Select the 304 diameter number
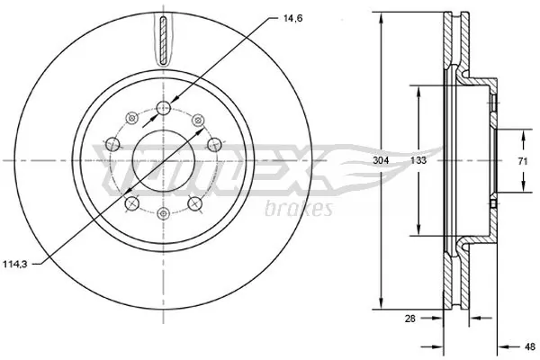(x=382, y=160)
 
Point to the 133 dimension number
(x=418, y=160)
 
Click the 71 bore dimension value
(x=523, y=160)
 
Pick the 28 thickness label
(x=411, y=319)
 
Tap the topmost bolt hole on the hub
(x=163, y=109)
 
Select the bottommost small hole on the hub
(x=163, y=212)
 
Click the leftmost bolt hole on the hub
(x=111, y=144)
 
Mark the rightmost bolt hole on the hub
(x=214, y=144)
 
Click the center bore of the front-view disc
(x=163, y=160)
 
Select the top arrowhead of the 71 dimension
(x=523, y=132)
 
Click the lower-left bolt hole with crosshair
(x=131, y=204)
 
